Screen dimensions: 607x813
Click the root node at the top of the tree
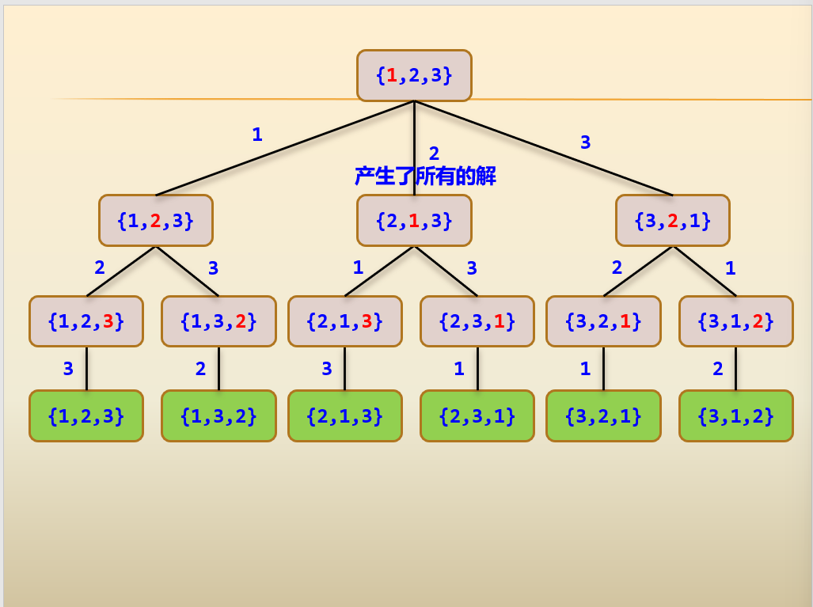tap(414, 76)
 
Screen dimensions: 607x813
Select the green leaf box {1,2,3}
tap(86, 415)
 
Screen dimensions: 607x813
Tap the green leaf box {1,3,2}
tap(218, 415)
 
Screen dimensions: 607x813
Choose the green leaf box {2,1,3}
tap(344, 415)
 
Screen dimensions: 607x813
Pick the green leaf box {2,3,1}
tap(477, 415)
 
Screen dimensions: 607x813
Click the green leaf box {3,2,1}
tap(603, 415)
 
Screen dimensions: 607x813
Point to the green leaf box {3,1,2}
tap(735, 415)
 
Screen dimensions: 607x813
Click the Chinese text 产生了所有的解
tap(425, 176)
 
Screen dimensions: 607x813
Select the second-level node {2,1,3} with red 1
tap(414, 221)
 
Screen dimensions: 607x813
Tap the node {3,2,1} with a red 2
tap(673, 221)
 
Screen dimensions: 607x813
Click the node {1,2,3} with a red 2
tap(156, 221)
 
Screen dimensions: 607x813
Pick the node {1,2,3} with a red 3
tap(86, 321)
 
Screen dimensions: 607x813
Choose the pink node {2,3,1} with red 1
tap(477, 321)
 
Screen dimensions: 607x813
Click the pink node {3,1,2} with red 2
tap(735, 321)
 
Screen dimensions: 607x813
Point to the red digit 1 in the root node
tap(392, 76)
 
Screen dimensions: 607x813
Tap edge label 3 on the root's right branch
tap(585, 142)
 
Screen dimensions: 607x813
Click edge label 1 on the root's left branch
tap(256, 135)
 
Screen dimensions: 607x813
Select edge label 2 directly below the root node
tap(434, 154)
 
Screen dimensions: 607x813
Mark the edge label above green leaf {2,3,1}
tap(459, 369)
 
